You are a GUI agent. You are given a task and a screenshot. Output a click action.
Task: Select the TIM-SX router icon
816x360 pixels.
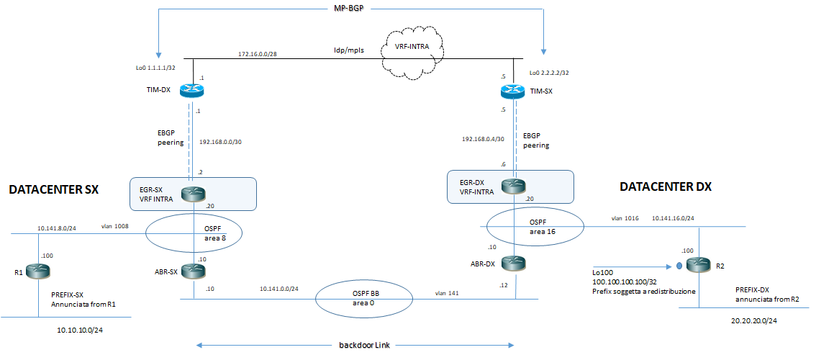pos(513,91)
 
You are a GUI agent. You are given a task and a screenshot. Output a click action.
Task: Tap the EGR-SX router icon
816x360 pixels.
pos(194,193)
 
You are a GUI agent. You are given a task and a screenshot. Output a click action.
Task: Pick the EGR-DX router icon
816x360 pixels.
pos(513,186)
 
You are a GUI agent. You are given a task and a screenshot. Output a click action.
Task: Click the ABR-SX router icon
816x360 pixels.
pos(194,271)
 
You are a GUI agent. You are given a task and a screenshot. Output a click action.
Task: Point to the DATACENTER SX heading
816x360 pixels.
pos(53,190)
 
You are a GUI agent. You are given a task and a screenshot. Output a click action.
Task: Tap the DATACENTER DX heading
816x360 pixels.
pos(666,186)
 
